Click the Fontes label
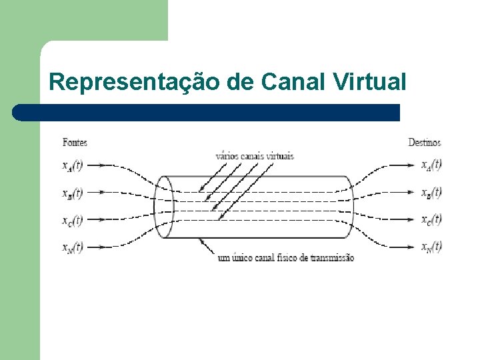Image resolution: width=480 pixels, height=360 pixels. pyautogui.click(x=75, y=142)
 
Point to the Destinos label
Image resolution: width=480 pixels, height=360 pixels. pyautogui.click(x=424, y=142)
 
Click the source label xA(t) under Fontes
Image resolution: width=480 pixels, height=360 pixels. pyautogui.click(x=73, y=165)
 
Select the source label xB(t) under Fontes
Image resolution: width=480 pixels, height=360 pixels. pyautogui.click(x=73, y=193)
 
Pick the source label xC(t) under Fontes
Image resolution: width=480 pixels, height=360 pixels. pyautogui.click(x=73, y=220)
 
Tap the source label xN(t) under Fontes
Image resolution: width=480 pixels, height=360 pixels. pyautogui.click(x=73, y=247)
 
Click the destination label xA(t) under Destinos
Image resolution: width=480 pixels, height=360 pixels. pyautogui.click(x=431, y=165)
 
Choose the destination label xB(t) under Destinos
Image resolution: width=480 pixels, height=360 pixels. pyautogui.click(x=431, y=193)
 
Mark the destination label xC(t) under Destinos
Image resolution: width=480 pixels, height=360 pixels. pyautogui.click(x=431, y=219)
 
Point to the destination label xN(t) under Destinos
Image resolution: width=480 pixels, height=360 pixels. pyautogui.click(x=431, y=247)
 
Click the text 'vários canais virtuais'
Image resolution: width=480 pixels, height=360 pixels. pyautogui.click(x=254, y=156)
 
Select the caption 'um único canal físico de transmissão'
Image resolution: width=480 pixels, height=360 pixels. pyautogui.click(x=286, y=258)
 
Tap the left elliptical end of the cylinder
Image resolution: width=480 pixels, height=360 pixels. pyautogui.click(x=164, y=207)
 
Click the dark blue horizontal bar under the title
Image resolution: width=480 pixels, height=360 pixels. pyautogui.click(x=207, y=112)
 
